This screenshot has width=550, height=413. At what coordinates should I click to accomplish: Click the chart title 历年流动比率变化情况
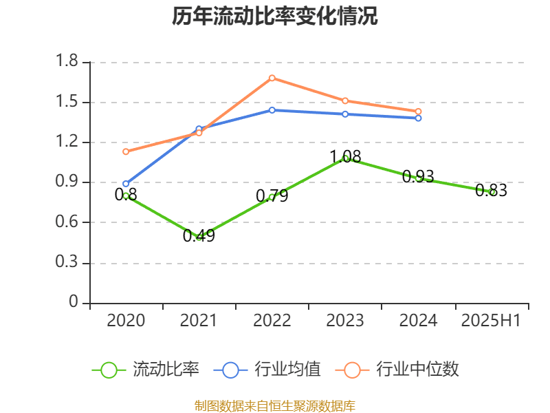[x=275, y=17]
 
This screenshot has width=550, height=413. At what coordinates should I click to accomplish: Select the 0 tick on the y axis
[x=74, y=303]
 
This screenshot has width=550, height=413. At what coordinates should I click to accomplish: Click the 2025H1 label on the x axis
[x=491, y=321]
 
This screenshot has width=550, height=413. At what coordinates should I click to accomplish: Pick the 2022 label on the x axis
[x=272, y=321]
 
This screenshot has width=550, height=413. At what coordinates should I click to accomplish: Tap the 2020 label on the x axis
[x=126, y=321]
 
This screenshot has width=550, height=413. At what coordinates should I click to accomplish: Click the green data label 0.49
[x=199, y=236]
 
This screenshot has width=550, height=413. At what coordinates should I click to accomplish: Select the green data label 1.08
[x=345, y=157]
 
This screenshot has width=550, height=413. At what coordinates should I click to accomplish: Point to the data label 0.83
[x=491, y=191]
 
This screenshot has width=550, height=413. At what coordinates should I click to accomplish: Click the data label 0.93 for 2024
[x=418, y=177]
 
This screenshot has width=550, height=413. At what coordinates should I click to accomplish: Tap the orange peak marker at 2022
[x=272, y=78]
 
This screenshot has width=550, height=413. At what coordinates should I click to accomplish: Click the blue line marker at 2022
[x=272, y=110]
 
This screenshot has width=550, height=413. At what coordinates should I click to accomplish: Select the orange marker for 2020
[x=126, y=151]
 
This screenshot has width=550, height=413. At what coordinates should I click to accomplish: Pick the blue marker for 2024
[x=418, y=118]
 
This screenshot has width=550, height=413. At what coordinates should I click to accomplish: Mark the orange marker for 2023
[x=345, y=100]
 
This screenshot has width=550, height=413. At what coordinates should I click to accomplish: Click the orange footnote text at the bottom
[x=275, y=405]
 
